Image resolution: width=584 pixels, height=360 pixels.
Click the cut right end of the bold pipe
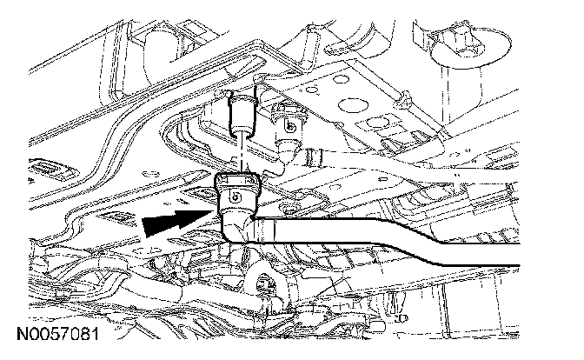tap(516, 254)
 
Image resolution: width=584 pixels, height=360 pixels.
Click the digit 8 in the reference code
tap(80, 334)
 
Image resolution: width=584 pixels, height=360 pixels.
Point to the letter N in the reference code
tap(18, 334)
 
